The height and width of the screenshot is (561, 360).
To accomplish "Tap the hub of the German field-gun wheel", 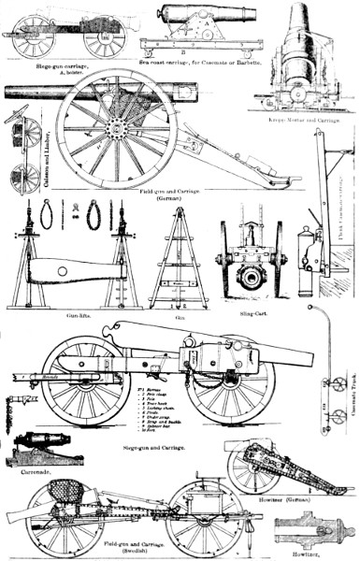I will click(116, 126).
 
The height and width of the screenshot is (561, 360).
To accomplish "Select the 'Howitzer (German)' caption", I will click(309, 500).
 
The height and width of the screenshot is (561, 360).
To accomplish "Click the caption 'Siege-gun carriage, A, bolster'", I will click(65, 66).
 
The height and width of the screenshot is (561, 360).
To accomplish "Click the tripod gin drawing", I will click(178, 262).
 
